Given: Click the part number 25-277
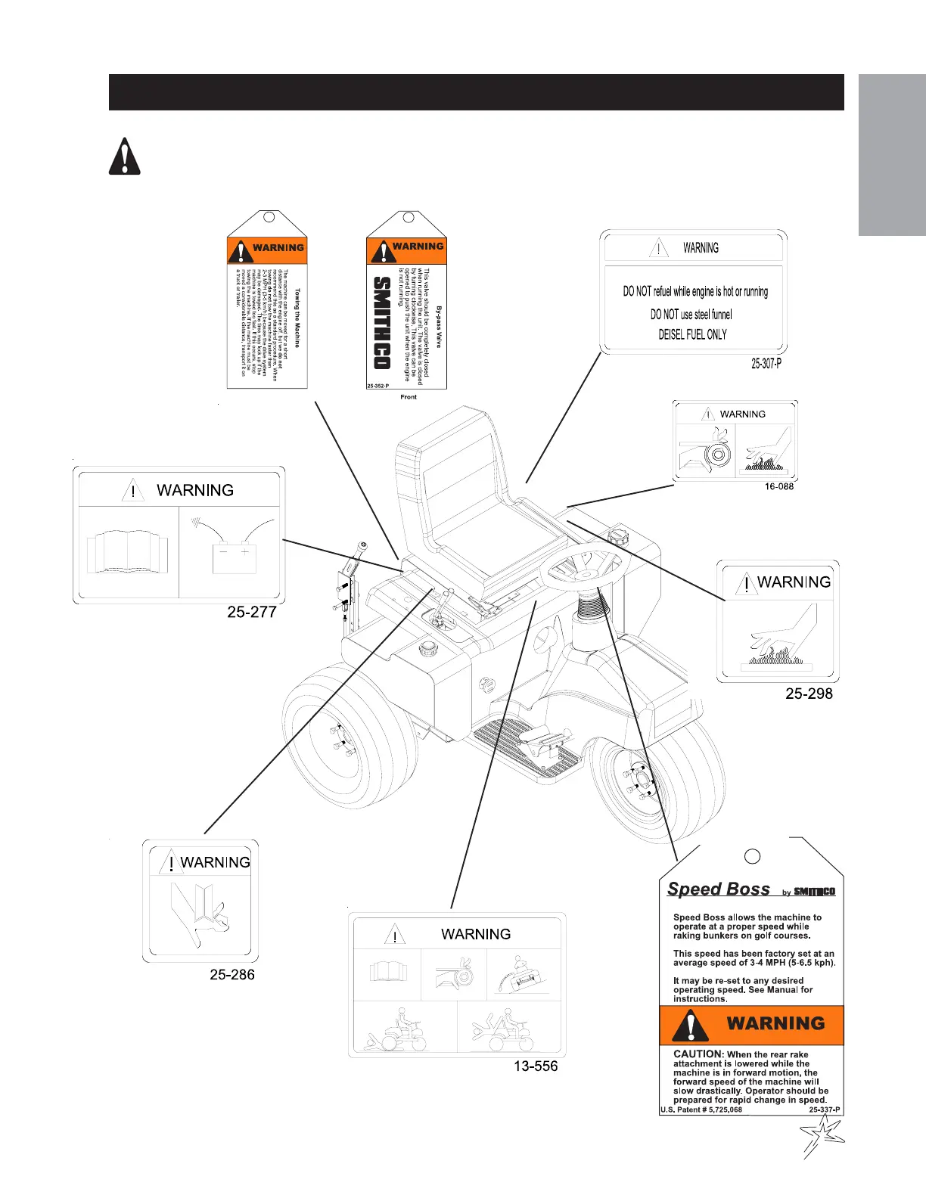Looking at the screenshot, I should [251, 612].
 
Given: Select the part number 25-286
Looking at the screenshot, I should [231, 975].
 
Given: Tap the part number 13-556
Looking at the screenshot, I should [531, 1066].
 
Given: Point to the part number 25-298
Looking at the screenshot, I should [809, 693].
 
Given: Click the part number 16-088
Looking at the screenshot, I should [778, 486].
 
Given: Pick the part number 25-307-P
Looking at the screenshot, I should [766, 364].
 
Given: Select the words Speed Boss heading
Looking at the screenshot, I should [718, 889].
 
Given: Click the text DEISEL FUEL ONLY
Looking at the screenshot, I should [692, 334].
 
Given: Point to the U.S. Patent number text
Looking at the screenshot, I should [701, 1110].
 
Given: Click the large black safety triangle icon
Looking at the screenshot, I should [124, 158].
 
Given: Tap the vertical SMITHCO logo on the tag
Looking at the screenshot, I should [383, 323].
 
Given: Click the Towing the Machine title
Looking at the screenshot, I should [297, 318].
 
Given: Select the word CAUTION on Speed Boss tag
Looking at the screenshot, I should [698, 1054].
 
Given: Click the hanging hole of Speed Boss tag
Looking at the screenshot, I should [752, 855].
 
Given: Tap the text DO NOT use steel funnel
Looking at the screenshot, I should [691, 315].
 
